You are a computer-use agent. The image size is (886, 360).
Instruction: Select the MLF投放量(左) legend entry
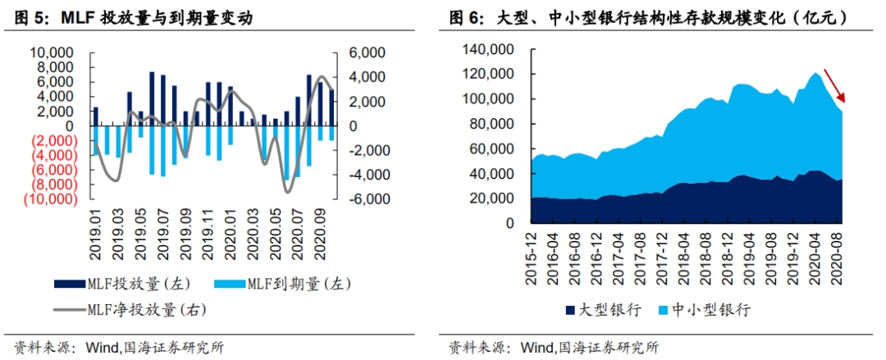pos(123,284)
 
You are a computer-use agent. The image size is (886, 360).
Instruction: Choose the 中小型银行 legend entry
pos(704,310)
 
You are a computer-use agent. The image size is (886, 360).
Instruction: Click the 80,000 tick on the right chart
pos(494,125)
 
